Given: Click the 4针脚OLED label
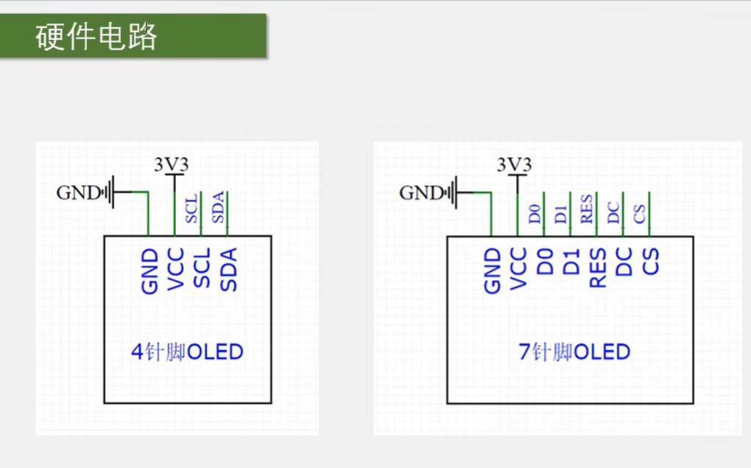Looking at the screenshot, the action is pos(187,352).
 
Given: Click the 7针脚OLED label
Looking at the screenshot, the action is pos(574,352).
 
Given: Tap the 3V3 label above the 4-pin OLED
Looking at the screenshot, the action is pos(172,164).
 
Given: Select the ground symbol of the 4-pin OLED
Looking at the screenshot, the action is pos(110,193).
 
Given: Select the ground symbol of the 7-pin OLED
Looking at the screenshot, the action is pos(452,193).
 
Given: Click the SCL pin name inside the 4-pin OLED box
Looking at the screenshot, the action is pos(201,268).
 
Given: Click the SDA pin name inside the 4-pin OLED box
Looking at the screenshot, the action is pos(228,270).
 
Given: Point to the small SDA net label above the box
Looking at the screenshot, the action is pos(218,208).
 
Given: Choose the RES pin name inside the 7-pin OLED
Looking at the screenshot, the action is pos(597,268).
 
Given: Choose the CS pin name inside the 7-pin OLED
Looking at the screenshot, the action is pos(650,262).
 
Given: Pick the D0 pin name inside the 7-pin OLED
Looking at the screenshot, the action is pos(545,262).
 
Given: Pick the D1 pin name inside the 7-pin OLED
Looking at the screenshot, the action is pos(571,262).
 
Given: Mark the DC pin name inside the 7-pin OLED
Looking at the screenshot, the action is pos(624,262).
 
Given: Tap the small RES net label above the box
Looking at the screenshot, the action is pos(587,209).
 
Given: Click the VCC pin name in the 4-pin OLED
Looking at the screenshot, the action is pos(175,270).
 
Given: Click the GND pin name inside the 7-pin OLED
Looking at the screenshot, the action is pos(492,270).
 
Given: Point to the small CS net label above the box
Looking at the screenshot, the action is pos(640,214).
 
